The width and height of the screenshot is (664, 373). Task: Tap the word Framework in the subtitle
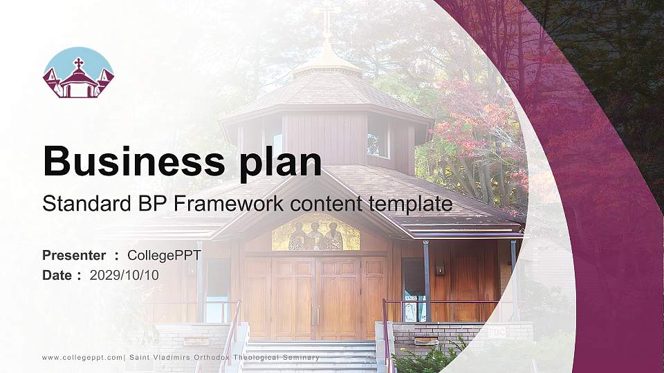point(231,204)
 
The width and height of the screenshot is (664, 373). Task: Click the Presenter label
point(74,256)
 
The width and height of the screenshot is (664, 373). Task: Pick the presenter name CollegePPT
point(164,256)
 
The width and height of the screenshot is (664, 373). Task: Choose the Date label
point(57,275)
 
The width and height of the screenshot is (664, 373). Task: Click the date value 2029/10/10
point(124,275)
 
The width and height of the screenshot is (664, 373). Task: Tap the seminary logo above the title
point(78,73)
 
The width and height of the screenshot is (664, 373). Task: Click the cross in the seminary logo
point(78,64)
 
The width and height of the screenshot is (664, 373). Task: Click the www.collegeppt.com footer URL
point(82,357)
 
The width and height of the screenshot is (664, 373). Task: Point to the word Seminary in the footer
point(298,357)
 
